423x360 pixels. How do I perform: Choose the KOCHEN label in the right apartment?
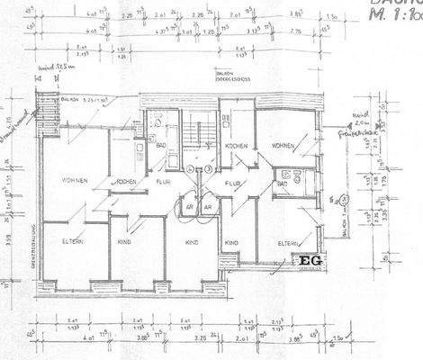click(238, 145)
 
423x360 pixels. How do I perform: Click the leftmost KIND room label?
click(125, 242)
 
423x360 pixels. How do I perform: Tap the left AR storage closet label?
click(190, 205)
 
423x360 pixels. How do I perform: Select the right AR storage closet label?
click(208, 205)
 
